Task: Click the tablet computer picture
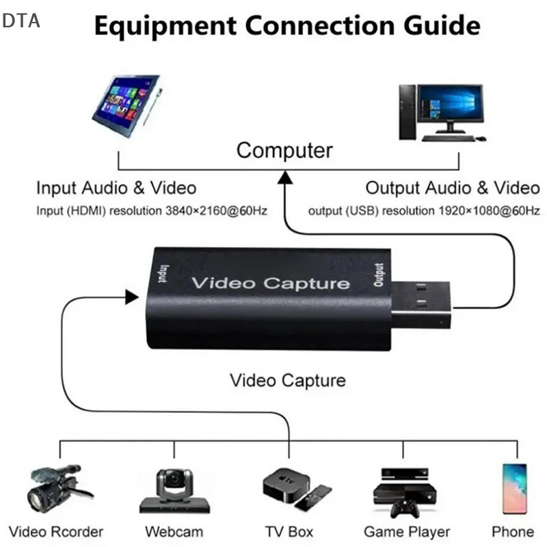click(x=127, y=105)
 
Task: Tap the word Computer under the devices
click(x=284, y=150)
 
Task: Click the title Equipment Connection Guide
click(x=287, y=26)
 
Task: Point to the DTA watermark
click(x=21, y=21)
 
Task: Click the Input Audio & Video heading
click(x=116, y=187)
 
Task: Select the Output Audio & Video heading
click(x=452, y=187)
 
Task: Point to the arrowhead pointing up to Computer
click(x=284, y=179)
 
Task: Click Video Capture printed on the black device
click(x=270, y=283)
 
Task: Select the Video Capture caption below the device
click(x=287, y=380)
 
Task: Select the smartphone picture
click(x=514, y=488)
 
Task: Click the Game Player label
click(x=407, y=531)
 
